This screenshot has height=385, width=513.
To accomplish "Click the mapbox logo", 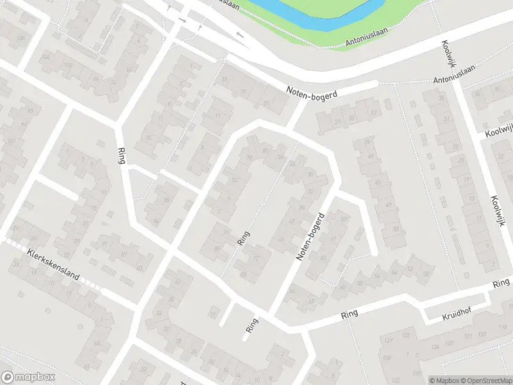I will pos(26,377).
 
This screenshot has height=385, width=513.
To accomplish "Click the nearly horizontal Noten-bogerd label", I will pos(312,93).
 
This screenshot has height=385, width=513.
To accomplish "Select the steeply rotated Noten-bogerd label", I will pos(307,237).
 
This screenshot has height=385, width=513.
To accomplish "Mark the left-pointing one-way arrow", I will pos(240,34).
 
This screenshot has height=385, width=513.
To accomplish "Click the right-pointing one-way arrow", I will pos(182,21).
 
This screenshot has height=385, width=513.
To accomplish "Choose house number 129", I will pos(387,356).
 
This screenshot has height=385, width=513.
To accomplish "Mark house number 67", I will pos(344,219).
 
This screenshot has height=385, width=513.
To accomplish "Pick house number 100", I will pos(68,65).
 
